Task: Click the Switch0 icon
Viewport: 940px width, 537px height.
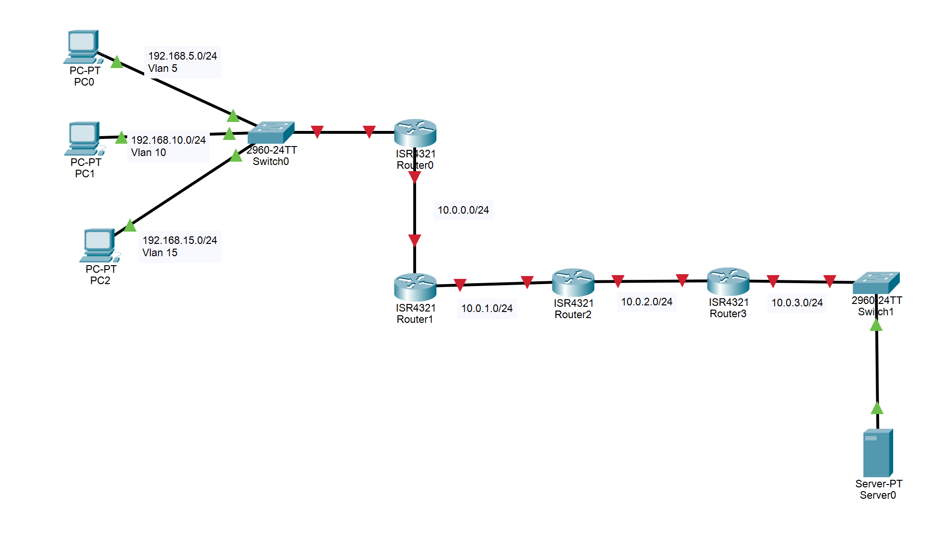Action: coord(271,132)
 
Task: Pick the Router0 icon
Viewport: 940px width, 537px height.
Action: coord(415,133)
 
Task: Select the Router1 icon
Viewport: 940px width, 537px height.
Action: coord(415,287)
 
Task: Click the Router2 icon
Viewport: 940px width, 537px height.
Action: coord(573,282)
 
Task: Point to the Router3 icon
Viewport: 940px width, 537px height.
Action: coord(728,281)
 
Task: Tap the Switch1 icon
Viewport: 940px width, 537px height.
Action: coord(876,283)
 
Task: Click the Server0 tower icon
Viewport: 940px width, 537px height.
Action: coord(878,452)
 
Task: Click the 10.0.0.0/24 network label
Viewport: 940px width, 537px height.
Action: coord(463,210)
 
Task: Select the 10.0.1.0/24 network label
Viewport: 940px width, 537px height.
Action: coord(487,308)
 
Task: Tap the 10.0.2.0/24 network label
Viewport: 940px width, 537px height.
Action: coord(646,302)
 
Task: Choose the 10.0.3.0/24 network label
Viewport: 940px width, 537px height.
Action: coord(797,303)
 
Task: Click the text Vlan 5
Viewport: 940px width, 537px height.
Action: coord(163,69)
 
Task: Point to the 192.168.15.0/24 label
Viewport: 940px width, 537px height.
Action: coord(180,240)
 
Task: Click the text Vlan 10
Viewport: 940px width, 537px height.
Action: coord(148,153)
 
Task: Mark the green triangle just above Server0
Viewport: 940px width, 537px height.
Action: coord(877,408)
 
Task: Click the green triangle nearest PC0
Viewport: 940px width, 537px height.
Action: coord(117,62)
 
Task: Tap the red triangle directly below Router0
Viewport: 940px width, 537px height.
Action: coord(415,177)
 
